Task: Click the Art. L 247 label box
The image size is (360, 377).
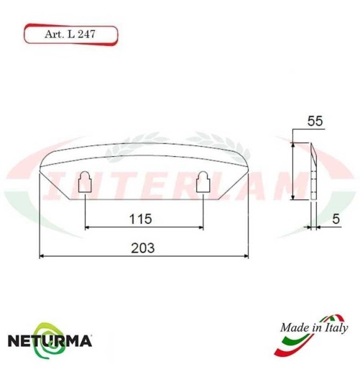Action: (70, 34)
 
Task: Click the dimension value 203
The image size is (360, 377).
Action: (144, 247)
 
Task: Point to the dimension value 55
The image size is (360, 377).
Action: (313, 122)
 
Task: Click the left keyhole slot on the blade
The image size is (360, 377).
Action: (85, 183)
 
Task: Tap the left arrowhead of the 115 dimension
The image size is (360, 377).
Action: (88, 227)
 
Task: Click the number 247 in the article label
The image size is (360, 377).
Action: (86, 34)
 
